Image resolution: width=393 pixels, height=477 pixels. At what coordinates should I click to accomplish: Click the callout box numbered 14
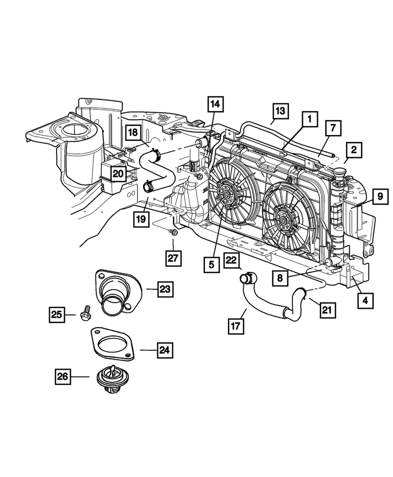tap(216, 106)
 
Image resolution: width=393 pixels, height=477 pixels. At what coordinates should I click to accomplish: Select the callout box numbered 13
tap(280, 111)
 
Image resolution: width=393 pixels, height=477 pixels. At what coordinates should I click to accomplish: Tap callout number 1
tap(310, 120)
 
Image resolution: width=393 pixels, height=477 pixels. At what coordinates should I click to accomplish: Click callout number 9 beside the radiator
tap(379, 197)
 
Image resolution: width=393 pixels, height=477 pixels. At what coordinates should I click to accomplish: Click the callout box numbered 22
tap(232, 261)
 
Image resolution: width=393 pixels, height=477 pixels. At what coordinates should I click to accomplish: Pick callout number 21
tap(325, 310)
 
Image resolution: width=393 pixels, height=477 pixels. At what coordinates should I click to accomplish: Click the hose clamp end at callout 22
tap(245, 279)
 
